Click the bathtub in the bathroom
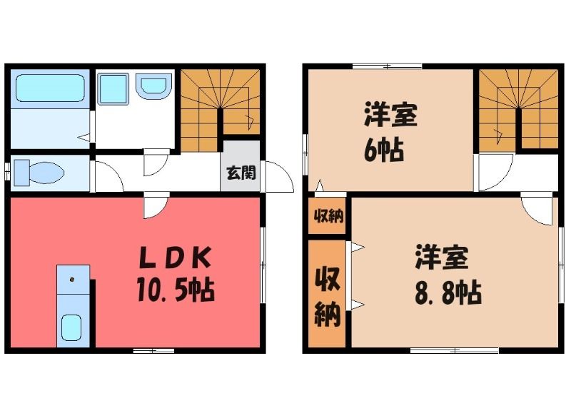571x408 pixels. [50, 88]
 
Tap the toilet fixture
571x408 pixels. [39, 173]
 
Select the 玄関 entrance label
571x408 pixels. [241, 173]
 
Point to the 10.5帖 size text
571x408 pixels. [176, 290]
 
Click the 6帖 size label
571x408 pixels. [383, 150]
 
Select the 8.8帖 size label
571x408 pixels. [448, 292]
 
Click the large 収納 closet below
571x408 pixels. [328, 293]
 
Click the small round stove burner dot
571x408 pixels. [72, 280]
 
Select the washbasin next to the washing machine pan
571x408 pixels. [153, 86]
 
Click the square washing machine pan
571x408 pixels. [113, 89]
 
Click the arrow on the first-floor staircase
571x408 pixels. [251, 121]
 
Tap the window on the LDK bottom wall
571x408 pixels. [153, 350]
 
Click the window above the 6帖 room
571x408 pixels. [387, 66]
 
